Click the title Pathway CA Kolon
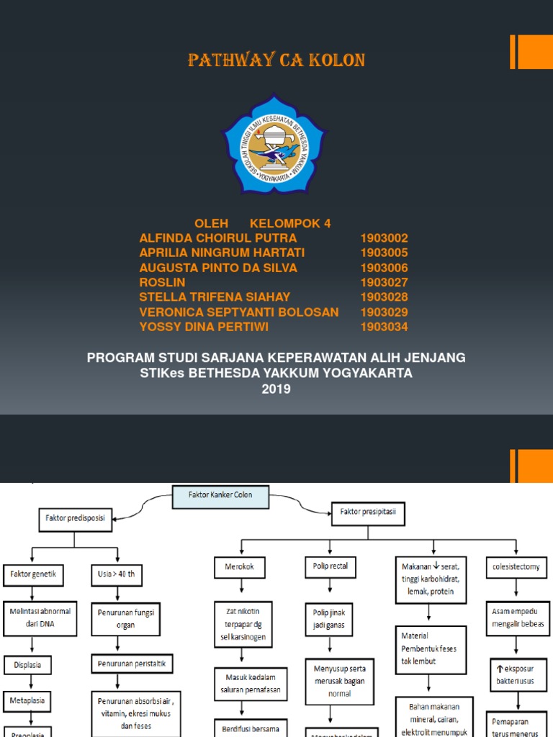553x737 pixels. [x=276, y=61]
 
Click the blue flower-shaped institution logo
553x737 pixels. [x=274, y=144]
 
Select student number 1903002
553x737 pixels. [x=384, y=238]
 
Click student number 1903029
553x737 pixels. [x=384, y=312]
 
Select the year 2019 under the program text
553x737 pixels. [x=276, y=389]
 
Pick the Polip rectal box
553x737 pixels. [x=331, y=566]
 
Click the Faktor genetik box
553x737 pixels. [x=34, y=575]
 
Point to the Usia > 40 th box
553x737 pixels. [x=116, y=575]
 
